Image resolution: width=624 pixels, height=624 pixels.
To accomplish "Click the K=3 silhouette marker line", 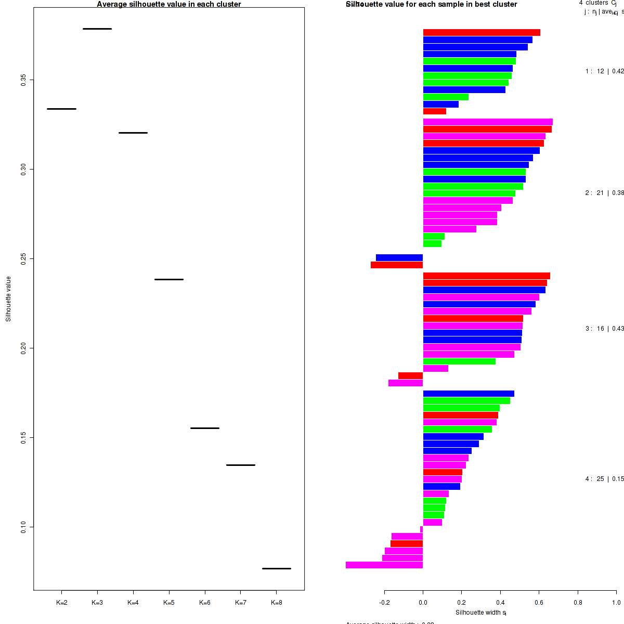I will tap(97, 29).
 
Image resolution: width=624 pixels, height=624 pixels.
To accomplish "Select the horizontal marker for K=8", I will tap(276, 568).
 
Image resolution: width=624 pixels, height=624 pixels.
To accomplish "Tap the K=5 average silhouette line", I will tap(169, 279).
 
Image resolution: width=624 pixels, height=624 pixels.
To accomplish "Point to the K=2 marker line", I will tap(61, 109).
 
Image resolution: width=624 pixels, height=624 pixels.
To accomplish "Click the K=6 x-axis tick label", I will tap(205, 603).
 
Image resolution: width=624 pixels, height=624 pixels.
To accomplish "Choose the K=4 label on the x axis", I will tap(133, 603).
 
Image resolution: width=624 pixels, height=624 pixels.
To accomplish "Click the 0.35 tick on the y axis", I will tap(23, 80).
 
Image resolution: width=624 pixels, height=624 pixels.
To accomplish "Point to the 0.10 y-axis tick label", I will tap(23, 527).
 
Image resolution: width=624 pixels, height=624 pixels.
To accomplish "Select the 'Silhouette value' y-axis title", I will tap(8, 299).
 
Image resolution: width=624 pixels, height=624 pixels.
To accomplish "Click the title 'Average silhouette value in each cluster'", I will tap(169, 4).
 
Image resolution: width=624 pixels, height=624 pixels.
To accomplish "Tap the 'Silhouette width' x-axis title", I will tap(481, 613).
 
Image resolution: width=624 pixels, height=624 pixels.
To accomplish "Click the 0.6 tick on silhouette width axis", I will tap(539, 603).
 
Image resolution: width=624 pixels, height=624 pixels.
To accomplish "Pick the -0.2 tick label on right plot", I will tap(384, 603).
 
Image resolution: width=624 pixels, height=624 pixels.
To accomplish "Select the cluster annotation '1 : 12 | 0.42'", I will tap(604, 71).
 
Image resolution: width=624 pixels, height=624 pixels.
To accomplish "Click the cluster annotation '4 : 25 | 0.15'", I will tap(604, 479).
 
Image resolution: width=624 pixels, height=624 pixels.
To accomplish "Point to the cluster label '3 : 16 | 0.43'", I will tap(604, 329).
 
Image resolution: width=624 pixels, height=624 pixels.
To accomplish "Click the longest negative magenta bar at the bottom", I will tap(384, 565).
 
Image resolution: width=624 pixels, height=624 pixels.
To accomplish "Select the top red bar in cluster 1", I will tap(482, 33).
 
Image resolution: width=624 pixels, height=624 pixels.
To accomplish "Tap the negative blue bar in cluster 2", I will tap(399, 257).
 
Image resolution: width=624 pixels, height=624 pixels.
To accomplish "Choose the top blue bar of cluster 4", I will tap(469, 394).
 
